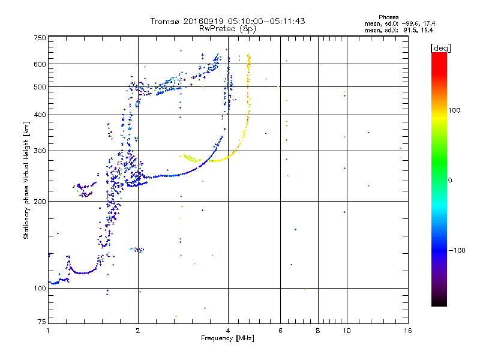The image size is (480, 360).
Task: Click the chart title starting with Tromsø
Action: click(x=228, y=21)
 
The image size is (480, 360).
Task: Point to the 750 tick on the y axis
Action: click(x=40, y=37)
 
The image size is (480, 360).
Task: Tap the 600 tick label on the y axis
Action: click(x=40, y=64)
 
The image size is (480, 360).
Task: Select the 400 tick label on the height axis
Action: click(x=40, y=115)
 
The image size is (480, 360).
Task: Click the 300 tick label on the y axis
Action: click(x=40, y=151)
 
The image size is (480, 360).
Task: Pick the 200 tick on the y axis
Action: click(x=40, y=201)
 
